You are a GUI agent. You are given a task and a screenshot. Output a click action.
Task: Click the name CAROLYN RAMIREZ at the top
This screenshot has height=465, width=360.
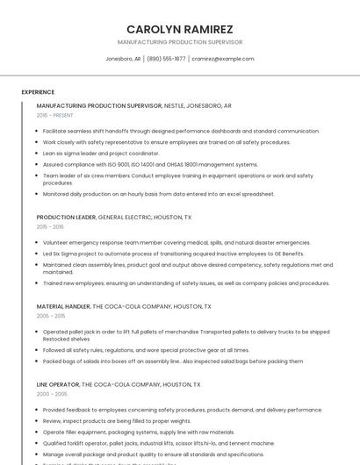(x=179, y=29)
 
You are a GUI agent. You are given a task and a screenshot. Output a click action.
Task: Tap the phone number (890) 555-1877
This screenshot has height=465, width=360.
(x=166, y=59)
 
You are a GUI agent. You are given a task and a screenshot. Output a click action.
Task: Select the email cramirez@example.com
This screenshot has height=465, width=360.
(x=223, y=59)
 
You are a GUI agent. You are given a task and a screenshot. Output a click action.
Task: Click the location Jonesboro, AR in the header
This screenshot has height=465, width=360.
(x=123, y=59)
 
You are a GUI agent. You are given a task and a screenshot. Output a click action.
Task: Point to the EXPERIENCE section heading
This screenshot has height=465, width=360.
(x=38, y=91)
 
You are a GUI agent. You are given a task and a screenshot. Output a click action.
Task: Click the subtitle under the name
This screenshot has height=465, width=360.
(x=179, y=42)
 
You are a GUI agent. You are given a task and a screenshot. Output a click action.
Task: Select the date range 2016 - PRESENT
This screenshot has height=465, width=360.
(x=55, y=115)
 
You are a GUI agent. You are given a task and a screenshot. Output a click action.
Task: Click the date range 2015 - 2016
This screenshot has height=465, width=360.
(x=50, y=226)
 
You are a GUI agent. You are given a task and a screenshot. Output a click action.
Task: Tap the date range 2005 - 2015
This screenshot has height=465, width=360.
(x=51, y=316)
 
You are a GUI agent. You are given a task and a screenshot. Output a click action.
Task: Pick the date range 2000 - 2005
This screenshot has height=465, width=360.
(x=51, y=394)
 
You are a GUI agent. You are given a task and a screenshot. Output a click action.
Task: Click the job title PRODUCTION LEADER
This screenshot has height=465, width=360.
(x=66, y=217)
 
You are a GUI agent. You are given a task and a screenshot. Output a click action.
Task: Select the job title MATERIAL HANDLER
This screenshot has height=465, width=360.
(x=63, y=306)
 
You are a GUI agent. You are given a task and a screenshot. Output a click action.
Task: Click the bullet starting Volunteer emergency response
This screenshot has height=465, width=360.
(x=176, y=242)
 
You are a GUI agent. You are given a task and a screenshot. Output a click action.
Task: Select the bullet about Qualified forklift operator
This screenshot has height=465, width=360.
(x=158, y=443)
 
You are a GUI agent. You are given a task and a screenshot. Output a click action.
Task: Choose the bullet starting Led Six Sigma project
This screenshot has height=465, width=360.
(x=173, y=253)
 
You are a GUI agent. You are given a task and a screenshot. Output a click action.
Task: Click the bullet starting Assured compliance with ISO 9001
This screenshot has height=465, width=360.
(x=150, y=164)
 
